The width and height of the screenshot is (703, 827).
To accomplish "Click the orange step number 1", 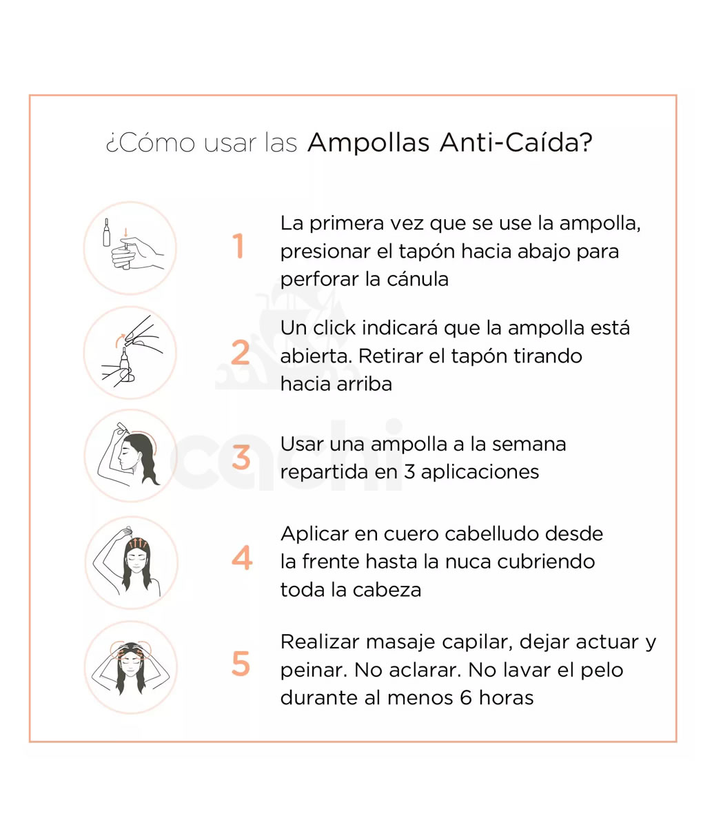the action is [238, 245].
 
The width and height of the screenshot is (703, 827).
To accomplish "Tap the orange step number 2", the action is [241, 352].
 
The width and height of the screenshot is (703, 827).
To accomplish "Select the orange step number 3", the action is [241, 457].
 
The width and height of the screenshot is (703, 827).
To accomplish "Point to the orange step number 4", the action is [242, 558].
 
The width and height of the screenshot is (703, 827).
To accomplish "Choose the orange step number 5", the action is [241, 664].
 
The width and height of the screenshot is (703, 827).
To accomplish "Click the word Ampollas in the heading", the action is [368, 143].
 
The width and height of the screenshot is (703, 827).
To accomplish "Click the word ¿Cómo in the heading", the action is [150, 143].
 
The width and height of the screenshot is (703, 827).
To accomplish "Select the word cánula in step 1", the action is [417, 279].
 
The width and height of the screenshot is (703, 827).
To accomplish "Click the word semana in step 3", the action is [529, 445].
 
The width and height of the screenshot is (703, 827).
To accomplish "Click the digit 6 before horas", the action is [466, 697].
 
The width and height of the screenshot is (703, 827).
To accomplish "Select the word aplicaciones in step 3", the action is [480, 473].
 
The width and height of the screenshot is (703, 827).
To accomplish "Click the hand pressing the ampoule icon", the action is [130, 248].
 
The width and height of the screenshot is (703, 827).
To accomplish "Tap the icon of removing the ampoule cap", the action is [130, 352].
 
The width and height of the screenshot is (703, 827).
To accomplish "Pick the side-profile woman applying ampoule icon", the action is [131, 456].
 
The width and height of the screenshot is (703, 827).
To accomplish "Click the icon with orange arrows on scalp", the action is [131, 562].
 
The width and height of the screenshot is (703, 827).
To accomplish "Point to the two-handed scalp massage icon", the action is [130, 667].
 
